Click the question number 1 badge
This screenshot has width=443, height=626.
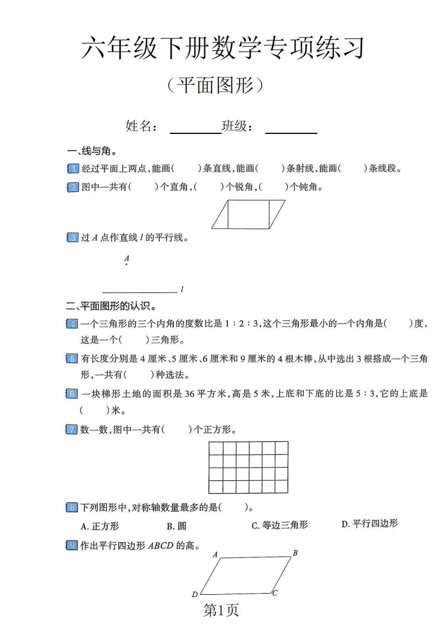(73, 168)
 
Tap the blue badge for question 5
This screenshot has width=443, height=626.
(73, 359)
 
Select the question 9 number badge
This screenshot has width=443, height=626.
(73, 545)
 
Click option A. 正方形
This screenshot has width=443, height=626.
(100, 526)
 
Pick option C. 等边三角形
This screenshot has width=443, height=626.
(279, 525)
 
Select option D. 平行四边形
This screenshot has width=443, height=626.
(369, 523)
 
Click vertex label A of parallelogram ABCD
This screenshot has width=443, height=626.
(215, 555)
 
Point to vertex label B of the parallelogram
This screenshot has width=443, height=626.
(295, 553)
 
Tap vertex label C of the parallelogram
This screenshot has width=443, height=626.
(275, 593)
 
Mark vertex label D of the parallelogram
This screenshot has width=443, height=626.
(194, 594)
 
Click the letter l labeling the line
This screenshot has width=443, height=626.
(182, 290)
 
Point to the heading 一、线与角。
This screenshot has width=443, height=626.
(92, 151)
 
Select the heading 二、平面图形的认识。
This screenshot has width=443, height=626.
(111, 306)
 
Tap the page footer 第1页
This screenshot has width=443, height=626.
(221, 611)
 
